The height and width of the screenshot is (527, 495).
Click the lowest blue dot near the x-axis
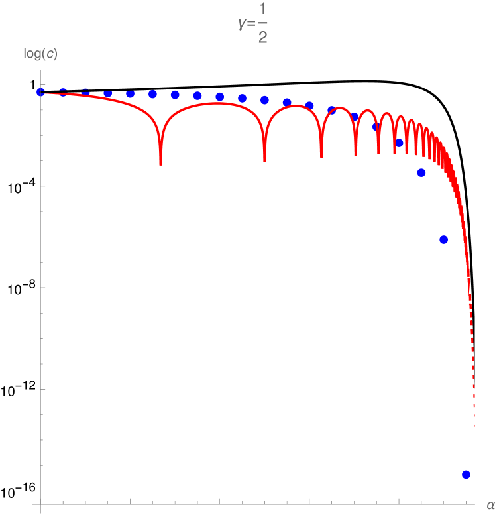pos(466,474)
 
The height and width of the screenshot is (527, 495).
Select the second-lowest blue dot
pos(443,239)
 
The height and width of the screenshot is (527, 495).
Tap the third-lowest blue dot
pos(421,173)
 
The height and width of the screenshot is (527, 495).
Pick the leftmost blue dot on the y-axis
pos(40,91)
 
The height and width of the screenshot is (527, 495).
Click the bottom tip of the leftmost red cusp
pos(160,164)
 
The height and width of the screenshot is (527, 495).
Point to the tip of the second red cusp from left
pos(265,161)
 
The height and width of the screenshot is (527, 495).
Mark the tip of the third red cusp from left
pos(321,157)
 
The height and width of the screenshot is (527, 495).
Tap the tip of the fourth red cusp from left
pos(356,155)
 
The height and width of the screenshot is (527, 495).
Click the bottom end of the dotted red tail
pos(474,426)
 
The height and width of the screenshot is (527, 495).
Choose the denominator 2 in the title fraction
pos(263,38)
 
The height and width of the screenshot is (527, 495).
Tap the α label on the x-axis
pos(490,505)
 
